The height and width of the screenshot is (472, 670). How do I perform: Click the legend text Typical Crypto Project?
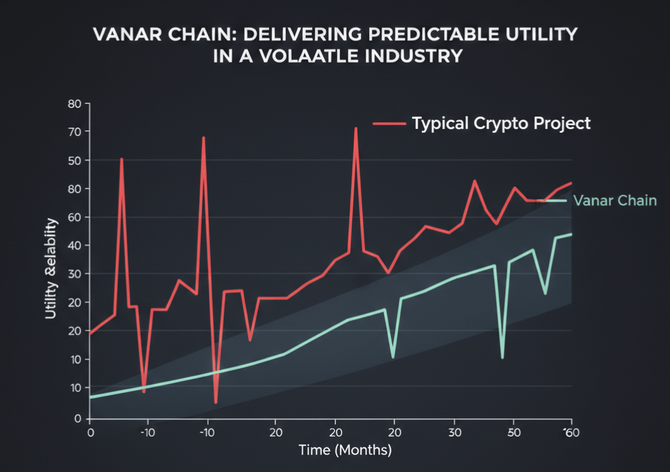pos(501,123)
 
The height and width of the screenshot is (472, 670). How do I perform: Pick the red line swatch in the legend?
pos(389,123)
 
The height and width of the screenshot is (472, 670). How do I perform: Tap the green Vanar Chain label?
pos(614,201)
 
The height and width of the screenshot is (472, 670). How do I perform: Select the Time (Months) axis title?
pos(345,450)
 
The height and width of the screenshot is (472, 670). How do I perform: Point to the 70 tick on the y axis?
pos(77,132)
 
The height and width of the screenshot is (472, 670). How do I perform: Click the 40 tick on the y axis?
pos(77,246)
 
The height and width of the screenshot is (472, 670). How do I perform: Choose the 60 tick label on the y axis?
pos(77,217)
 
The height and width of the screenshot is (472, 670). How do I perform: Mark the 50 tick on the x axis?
pos(514,432)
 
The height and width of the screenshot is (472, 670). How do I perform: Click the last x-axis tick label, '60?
pos(571,432)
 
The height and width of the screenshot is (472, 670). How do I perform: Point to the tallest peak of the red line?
pos(355,128)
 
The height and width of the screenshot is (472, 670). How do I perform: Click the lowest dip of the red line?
pos(215,401)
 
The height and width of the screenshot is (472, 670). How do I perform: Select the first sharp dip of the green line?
pos(393,357)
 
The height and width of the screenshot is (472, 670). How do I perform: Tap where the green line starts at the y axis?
pos(91,397)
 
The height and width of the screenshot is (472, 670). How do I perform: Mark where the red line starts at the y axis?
pos(91,333)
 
